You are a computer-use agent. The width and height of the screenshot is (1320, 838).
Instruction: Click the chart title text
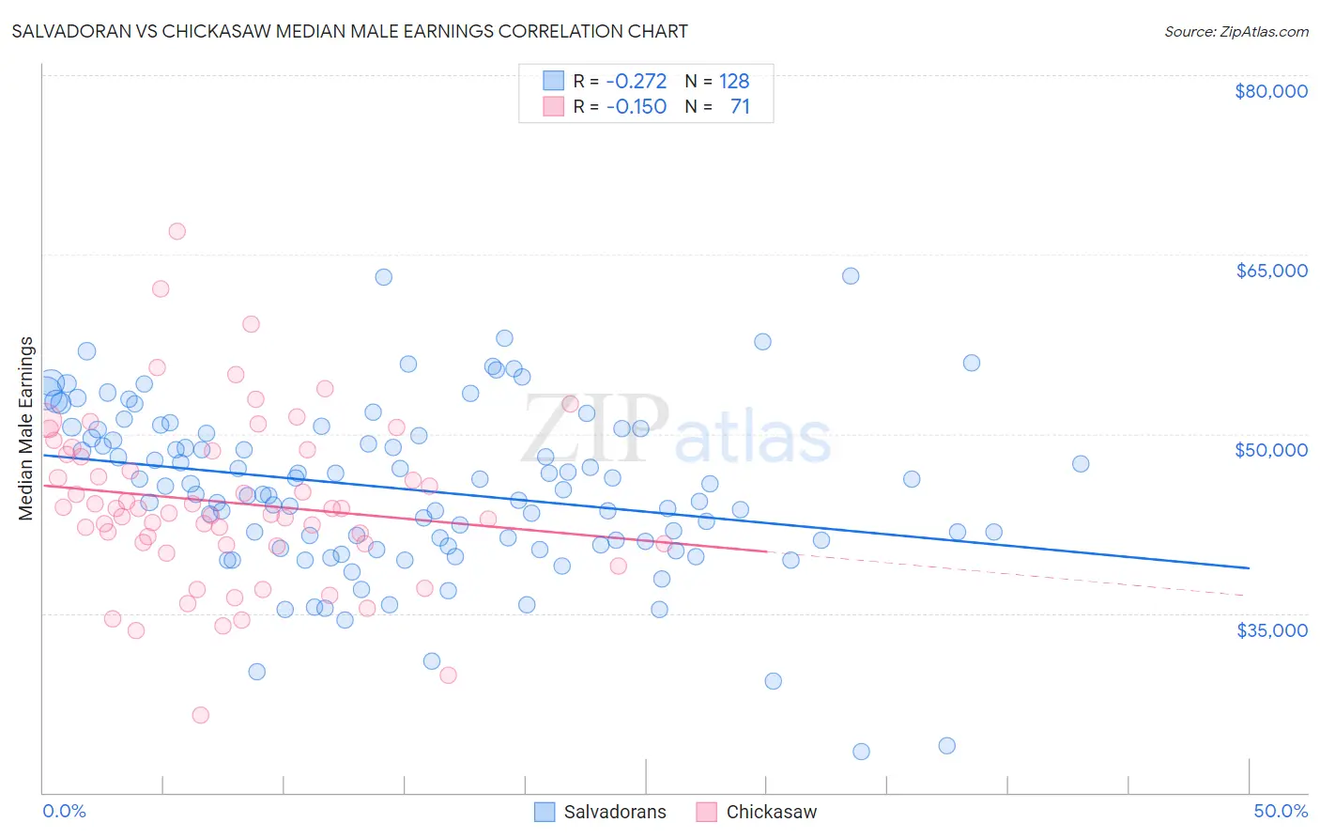tap(349, 31)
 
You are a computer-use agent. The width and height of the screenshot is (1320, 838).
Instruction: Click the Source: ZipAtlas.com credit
tap(1236, 31)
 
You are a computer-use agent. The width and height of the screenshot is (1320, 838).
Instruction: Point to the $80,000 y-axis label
tap(1270, 91)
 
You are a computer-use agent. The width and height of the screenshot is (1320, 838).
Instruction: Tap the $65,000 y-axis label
tap(1270, 271)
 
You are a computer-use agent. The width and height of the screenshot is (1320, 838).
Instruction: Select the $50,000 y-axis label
tap(1270, 450)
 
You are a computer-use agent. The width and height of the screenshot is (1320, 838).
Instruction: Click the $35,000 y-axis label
tap(1271, 629)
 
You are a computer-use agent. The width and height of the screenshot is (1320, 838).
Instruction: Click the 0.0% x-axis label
tap(64, 811)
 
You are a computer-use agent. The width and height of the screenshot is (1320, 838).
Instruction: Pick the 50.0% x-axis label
tap(1280, 811)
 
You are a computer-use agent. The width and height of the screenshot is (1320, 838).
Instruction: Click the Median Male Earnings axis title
tap(26, 427)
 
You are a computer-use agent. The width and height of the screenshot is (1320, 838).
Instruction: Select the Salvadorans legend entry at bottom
tap(601, 812)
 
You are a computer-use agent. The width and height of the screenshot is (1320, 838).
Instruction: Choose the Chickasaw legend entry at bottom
tap(757, 812)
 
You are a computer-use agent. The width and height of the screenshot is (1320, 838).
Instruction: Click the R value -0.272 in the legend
tap(636, 81)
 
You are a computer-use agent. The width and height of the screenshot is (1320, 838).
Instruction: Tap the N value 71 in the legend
tap(740, 106)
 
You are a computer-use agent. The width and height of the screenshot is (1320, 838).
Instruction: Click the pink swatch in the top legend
tap(554, 106)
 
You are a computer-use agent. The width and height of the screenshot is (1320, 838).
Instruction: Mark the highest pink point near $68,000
tap(177, 231)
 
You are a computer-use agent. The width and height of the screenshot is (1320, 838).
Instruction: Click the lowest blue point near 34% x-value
tap(861, 752)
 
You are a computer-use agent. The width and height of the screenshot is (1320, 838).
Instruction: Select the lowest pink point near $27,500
tap(200, 715)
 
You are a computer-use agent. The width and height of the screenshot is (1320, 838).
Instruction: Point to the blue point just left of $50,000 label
tap(1081, 464)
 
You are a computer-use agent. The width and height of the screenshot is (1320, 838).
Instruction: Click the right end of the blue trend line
tap(1249, 568)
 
